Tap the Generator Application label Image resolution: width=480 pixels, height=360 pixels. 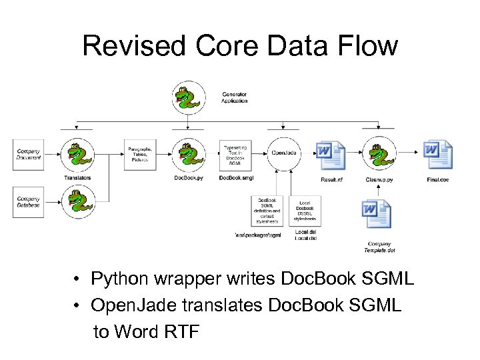234,97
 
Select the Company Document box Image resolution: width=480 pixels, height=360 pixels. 28,154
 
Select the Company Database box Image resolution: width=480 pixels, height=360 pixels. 28,201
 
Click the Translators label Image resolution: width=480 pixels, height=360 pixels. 78,178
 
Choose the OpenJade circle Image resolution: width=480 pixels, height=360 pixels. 285,153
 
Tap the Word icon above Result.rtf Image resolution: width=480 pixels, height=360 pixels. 331,156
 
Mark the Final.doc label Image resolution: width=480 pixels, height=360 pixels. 438,179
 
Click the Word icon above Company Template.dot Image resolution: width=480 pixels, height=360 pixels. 377,215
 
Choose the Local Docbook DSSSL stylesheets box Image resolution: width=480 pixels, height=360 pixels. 305,211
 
